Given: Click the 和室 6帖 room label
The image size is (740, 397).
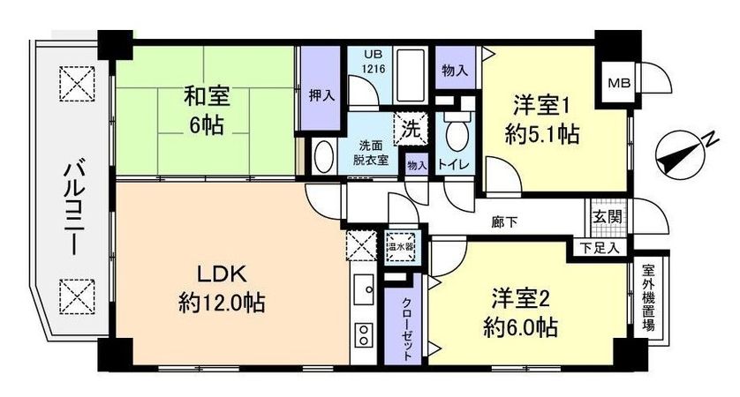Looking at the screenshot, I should pos(204,108).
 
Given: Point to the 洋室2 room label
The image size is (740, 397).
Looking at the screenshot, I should pos(521,312).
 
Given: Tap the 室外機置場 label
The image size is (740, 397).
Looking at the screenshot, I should pos(648,301).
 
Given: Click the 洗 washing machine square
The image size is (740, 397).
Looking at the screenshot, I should pos(411,128).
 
